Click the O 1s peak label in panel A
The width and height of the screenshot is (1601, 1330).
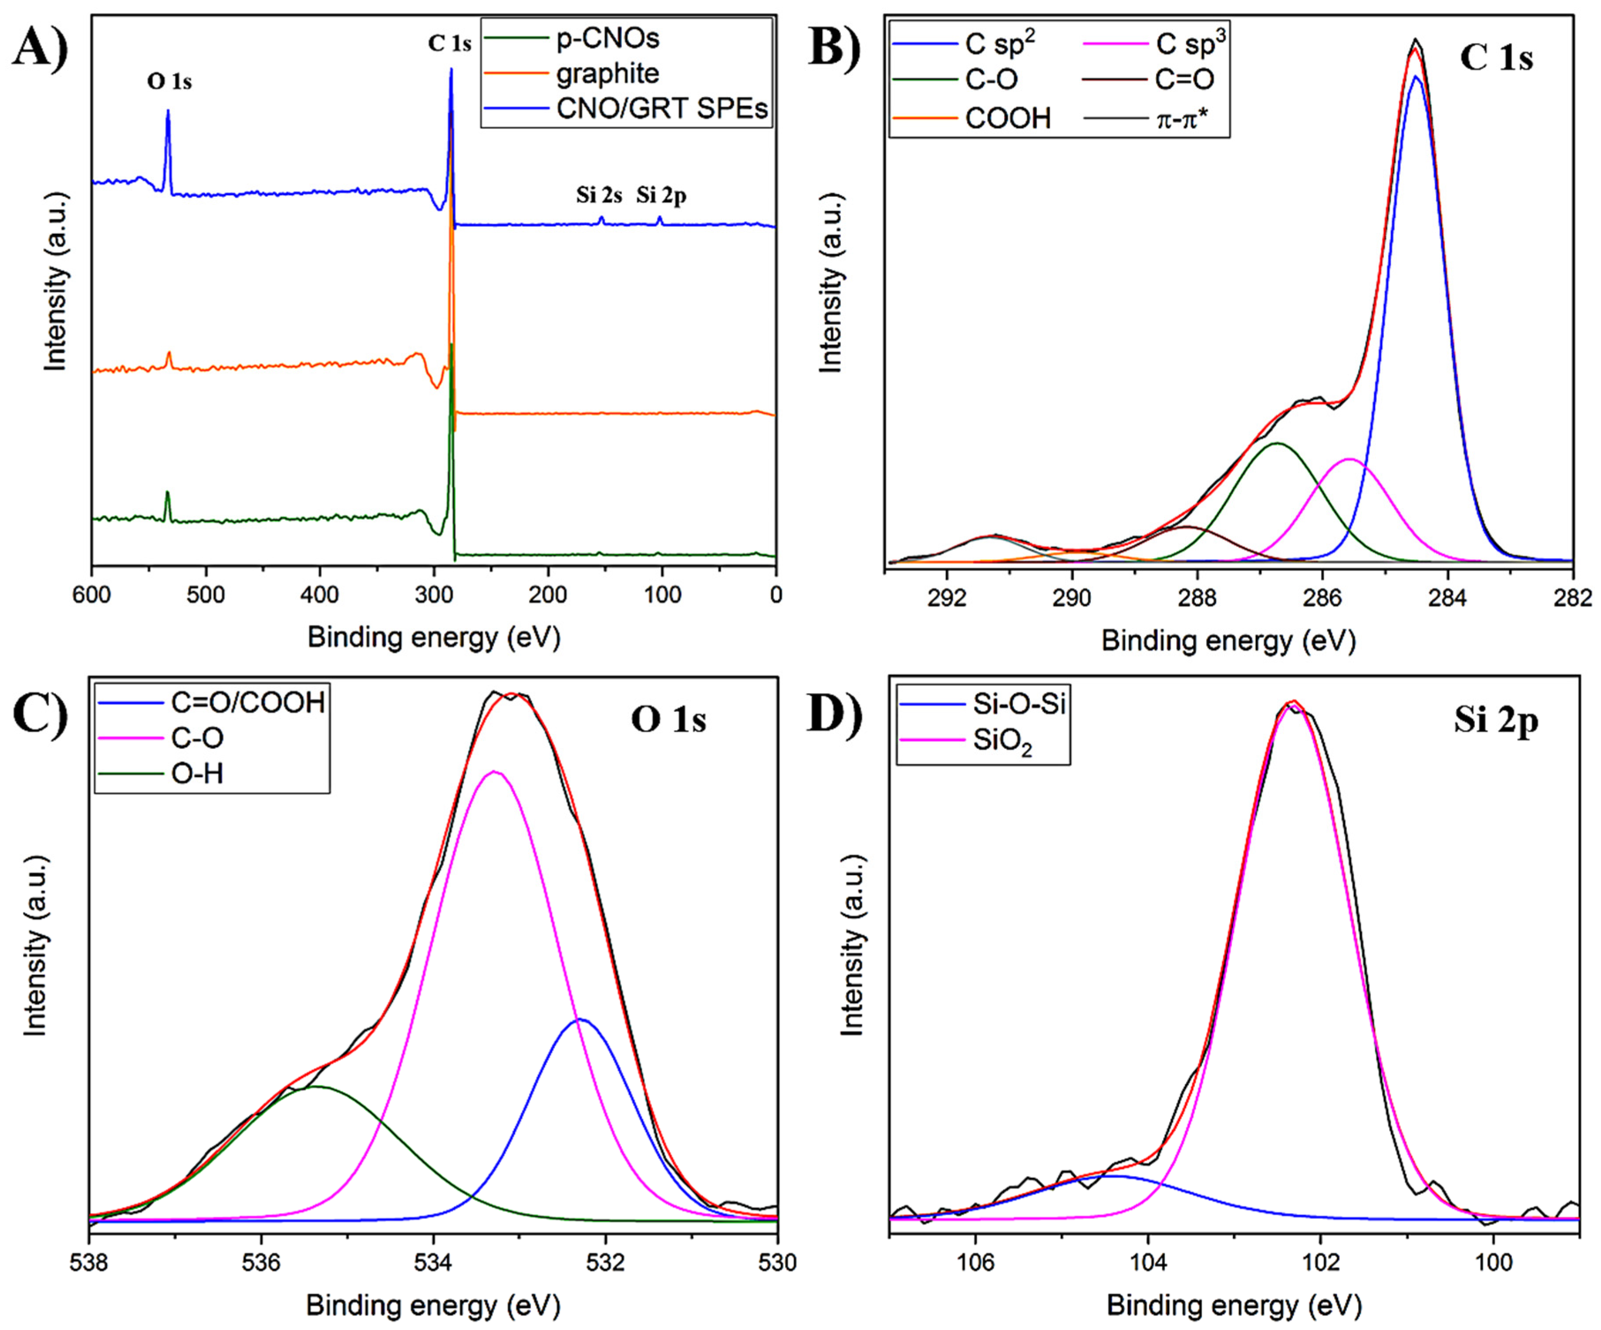(169, 82)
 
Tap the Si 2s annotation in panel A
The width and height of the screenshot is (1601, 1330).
(599, 196)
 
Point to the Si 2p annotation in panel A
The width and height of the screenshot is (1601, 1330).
(661, 196)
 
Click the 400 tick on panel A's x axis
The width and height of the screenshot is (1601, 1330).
(320, 594)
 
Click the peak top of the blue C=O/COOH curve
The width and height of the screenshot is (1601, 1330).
(580, 1019)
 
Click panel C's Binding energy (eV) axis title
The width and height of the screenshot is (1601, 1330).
(433, 1306)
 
